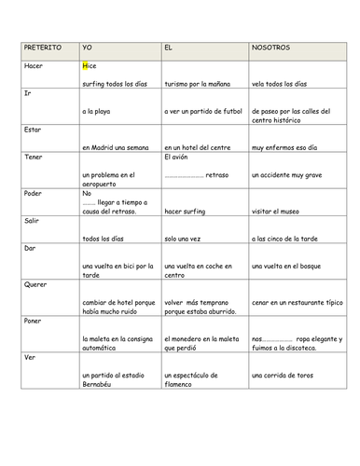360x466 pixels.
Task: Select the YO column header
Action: (x=88, y=47)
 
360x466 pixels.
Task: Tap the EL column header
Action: (x=168, y=47)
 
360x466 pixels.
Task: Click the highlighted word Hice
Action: (x=89, y=66)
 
